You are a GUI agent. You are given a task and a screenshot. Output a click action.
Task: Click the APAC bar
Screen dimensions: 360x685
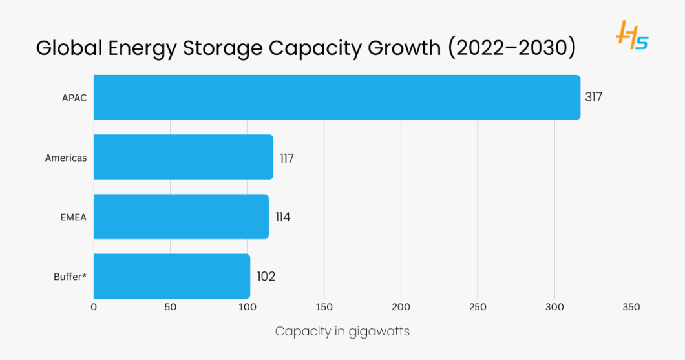click(x=337, y=98)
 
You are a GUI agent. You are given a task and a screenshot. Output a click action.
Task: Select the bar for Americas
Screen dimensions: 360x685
click(x=184, y=157)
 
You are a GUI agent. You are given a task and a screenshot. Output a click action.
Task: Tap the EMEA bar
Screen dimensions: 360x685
click(x=181, y=217)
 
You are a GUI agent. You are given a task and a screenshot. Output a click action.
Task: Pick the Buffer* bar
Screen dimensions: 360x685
click(x=172, y=276)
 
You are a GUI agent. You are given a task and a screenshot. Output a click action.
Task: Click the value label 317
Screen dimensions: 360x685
click(x=593, y=98)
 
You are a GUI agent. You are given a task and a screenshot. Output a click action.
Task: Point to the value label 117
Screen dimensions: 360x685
click(x=287, y=158)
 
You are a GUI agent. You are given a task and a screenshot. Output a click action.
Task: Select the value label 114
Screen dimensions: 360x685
click(x=283, y=217)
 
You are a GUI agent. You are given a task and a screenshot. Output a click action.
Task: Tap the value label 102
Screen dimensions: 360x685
click(x=266, y=277)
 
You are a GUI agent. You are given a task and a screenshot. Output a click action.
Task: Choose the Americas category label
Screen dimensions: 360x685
click(x=65, y=158)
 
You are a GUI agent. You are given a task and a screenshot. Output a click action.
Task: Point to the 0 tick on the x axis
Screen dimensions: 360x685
click(x=94, y=307)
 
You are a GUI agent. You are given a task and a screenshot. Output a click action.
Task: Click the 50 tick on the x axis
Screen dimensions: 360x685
click(x=171, y=307)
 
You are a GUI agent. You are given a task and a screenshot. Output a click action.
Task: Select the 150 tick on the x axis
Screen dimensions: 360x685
click(x=324, y=307)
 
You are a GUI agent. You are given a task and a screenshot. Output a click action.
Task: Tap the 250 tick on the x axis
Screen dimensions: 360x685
click(x=478, y=307)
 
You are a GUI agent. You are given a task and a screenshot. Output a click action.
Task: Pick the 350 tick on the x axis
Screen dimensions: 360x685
click(x=631, y=307)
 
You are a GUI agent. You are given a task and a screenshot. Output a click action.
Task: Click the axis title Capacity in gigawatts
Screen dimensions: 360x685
click(x=342, y=332)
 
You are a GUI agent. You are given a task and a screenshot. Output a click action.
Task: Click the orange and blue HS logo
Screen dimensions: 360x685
click(x=631, y=36)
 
